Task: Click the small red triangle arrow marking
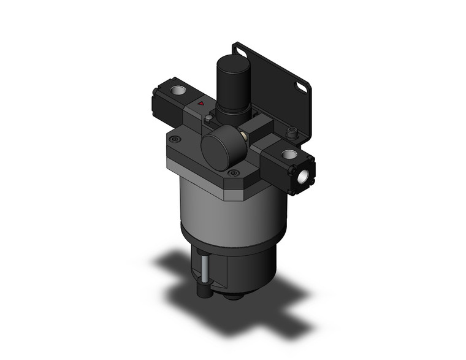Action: coord(201,105)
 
